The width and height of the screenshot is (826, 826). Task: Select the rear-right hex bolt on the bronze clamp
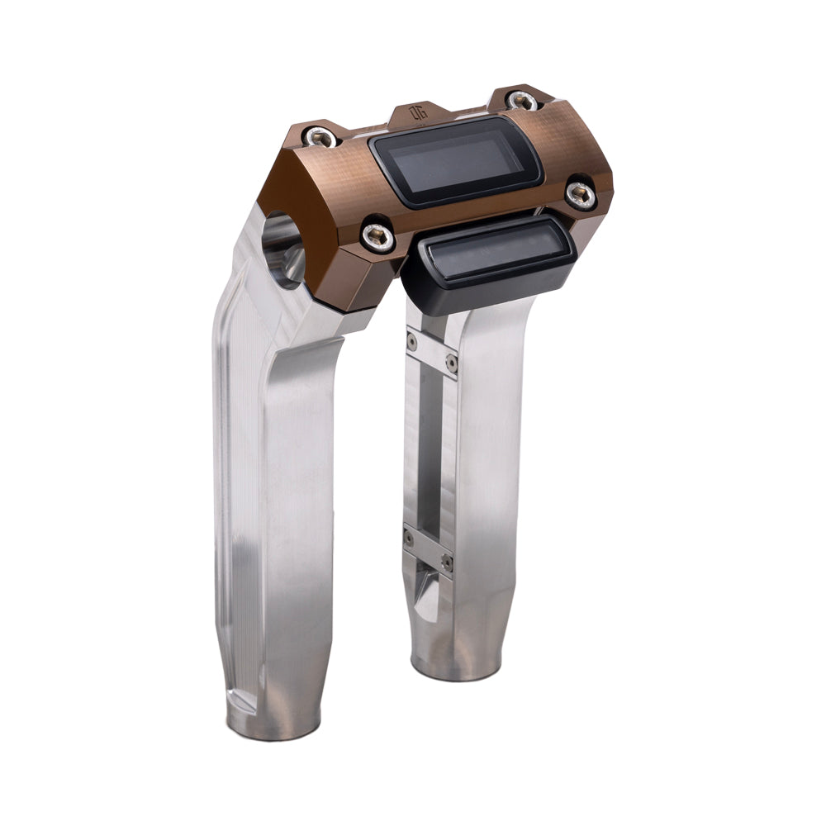pyautogui.click(x=522, y=101)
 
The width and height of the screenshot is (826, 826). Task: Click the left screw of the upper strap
pyautogui.click(x=411, y=339)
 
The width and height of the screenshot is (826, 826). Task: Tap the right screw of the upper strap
pyautogui.click(x=452, y=362)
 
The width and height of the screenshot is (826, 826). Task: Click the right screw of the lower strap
pyautogui.click(x=448, y=562)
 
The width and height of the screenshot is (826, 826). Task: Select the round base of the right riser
pyautogui.click(x=450, y=665)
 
